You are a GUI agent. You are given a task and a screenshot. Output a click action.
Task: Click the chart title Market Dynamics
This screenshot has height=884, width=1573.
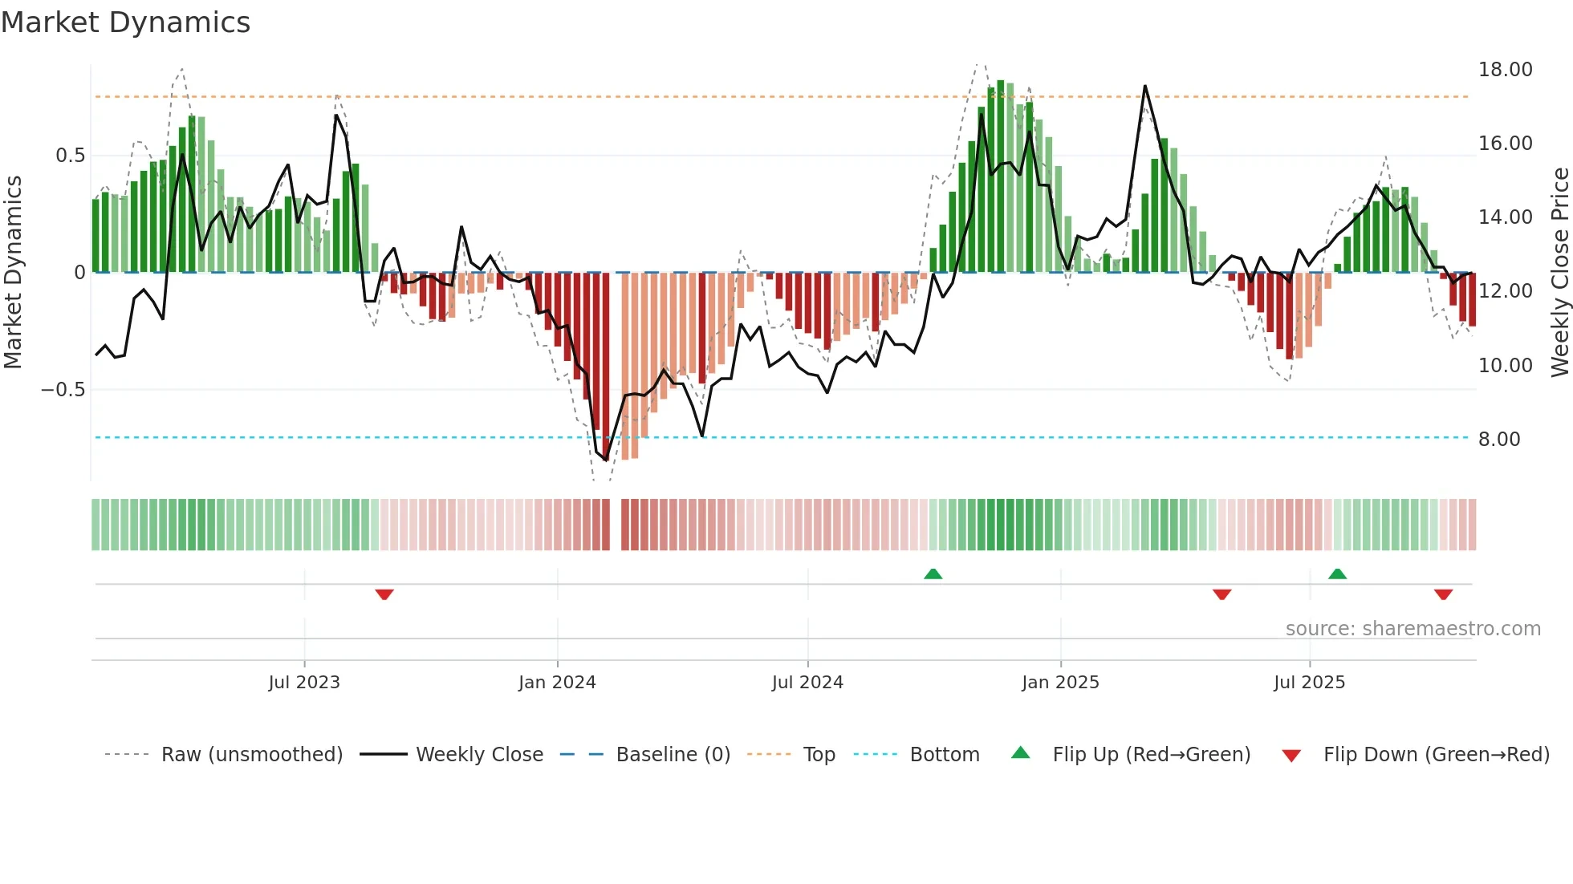click(125, 22)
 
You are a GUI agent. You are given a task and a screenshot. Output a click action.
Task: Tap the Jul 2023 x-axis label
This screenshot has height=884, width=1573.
click(304, 683)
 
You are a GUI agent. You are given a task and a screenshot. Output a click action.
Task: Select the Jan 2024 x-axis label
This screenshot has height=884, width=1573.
click(557, 683)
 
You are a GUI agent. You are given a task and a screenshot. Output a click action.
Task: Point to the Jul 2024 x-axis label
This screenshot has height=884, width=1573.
click(807, 683)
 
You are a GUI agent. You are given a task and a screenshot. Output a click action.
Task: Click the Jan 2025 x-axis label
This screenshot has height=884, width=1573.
click(1060, 683)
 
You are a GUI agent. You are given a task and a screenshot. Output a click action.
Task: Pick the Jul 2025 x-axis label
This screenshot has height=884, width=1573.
click(1309, 683)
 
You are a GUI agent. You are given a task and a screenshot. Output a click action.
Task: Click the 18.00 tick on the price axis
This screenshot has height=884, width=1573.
click(1506, 70)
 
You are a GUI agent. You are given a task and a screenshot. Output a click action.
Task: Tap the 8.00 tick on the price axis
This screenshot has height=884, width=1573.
click(1499, 440)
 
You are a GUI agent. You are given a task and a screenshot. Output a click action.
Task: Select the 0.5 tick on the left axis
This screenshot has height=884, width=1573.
click(71, 156)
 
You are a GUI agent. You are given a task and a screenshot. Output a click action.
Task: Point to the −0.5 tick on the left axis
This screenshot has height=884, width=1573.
click(63, 390)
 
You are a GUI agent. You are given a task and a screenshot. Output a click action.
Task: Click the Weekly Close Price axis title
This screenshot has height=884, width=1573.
click(1560, 273)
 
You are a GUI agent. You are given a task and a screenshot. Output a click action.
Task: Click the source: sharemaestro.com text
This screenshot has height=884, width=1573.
click(1412, 629)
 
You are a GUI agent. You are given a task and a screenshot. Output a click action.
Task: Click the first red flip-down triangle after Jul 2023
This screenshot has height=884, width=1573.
click(384, 594)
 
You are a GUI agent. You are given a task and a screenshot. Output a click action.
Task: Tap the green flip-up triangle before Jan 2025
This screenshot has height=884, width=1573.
click(933, 574)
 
